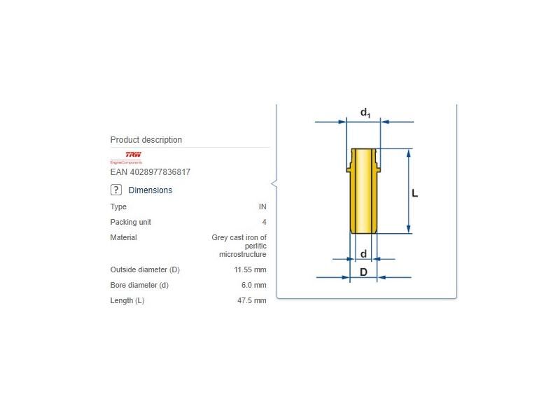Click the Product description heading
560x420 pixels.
[x=146, y=140]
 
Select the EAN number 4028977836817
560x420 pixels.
[x=150, y=172]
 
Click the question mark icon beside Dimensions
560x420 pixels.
[x=116, y=190]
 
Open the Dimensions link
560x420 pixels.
[x=150, y=190]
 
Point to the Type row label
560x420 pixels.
[x=118, y=207]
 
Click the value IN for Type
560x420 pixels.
[x=262, y=207]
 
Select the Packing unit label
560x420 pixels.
[x=130, y=223]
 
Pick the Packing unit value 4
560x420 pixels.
[x=264, y=223]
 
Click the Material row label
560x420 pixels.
[x=123, y=238]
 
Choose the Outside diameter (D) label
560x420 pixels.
[x=145, y=270]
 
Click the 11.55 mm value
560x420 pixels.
[x=250, y=270]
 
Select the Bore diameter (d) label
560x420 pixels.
[x=139, y=286]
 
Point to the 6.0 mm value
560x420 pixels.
[x=253, y=286]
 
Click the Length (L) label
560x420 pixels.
[x=127, y=301]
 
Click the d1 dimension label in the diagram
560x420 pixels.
[x=365, y=113]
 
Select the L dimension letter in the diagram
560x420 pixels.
[x=414, y=192]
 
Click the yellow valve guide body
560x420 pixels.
[x=363, y=196]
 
